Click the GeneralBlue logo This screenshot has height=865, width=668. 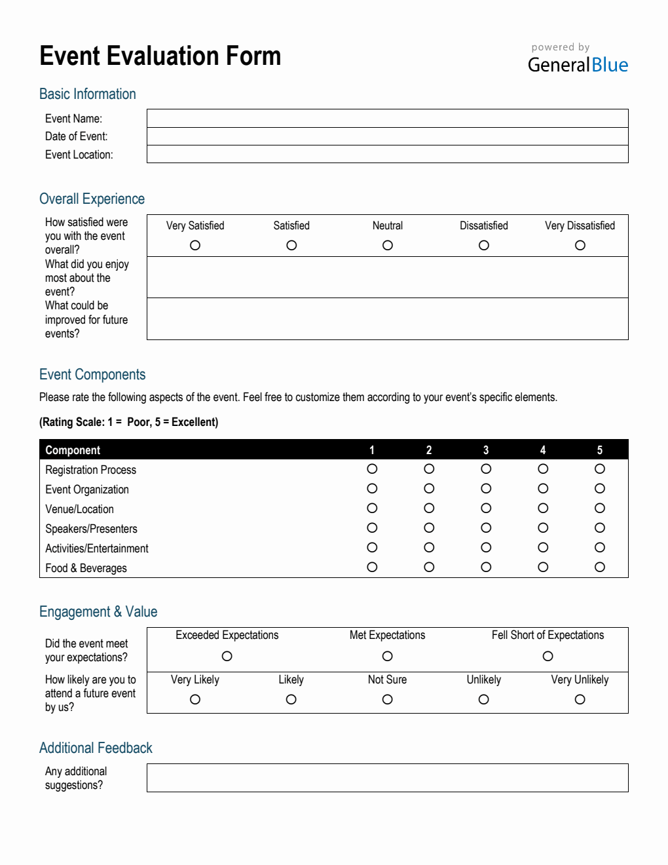578,64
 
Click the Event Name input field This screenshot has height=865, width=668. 387,119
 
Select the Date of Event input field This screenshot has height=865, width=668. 387,136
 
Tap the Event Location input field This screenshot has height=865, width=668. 387,154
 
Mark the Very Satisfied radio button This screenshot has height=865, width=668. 195,245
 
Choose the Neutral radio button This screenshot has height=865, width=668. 388,245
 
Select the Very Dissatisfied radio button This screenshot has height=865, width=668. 580,245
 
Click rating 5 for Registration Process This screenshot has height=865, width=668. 600,469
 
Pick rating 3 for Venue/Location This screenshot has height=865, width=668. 486,508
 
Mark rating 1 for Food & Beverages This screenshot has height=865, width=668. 372,567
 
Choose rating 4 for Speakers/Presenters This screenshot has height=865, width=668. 543,528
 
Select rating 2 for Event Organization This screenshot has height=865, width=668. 429,488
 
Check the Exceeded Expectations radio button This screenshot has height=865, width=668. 227,656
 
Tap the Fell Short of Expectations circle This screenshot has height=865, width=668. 548,656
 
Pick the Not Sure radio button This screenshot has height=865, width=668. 388,699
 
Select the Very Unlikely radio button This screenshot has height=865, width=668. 580,699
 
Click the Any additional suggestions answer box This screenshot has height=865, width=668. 387,778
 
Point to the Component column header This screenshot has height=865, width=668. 73,450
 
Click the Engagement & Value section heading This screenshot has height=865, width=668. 98,611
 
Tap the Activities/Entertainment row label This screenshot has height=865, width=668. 97,548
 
